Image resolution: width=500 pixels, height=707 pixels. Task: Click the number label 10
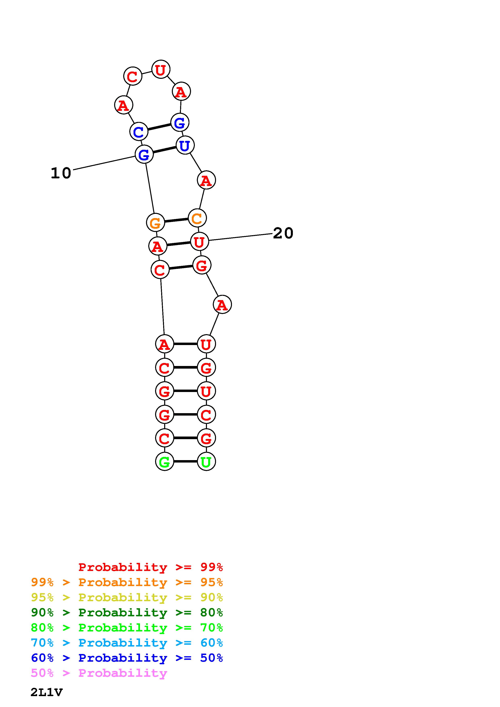61,173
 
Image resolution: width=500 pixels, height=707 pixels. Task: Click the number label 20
283,233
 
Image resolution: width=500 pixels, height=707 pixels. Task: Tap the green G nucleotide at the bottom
165,462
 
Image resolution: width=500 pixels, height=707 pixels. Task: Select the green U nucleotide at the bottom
206,462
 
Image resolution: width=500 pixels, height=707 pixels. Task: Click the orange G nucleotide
155,223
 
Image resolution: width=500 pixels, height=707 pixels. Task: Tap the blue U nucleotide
185,145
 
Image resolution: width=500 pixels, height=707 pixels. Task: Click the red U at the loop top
161,70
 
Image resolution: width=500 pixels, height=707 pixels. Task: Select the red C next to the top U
133,76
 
